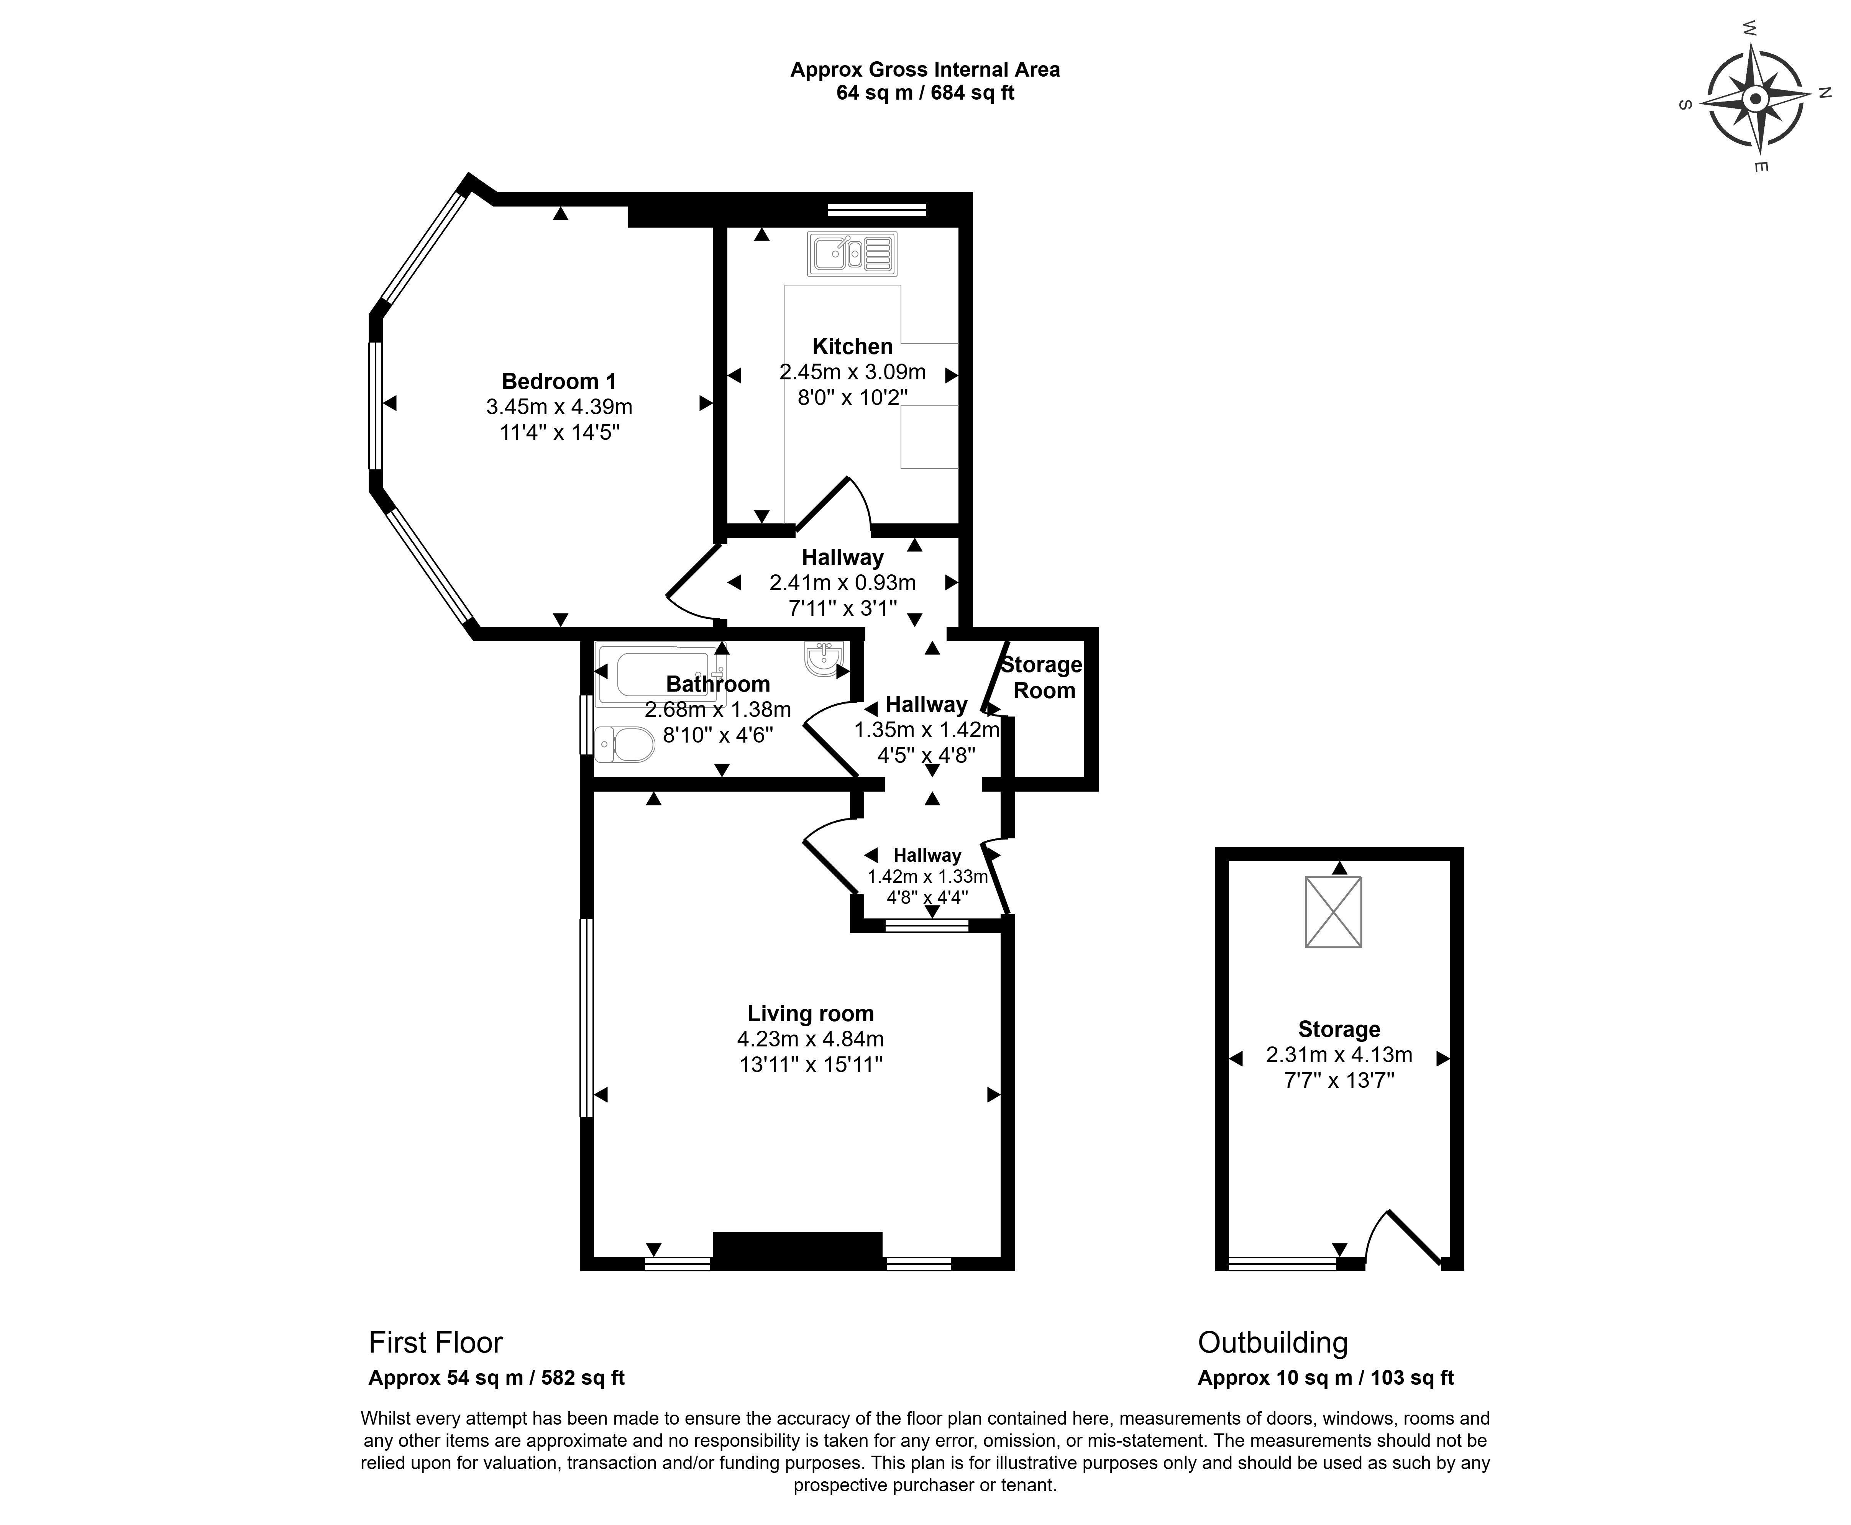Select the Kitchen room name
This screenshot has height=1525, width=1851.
[852, 346]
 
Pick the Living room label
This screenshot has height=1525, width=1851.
[810, 1014]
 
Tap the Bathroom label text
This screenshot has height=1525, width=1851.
[718, 684]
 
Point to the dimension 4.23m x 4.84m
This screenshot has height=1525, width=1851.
[810, 1039]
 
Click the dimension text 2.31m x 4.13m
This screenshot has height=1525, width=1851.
[1339, 1055]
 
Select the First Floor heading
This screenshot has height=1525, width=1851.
[436, 1342]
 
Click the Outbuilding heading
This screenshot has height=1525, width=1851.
[1273, 1342]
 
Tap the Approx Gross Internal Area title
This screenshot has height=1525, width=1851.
[925, 69]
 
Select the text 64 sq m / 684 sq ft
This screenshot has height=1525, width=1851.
[925, 93]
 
